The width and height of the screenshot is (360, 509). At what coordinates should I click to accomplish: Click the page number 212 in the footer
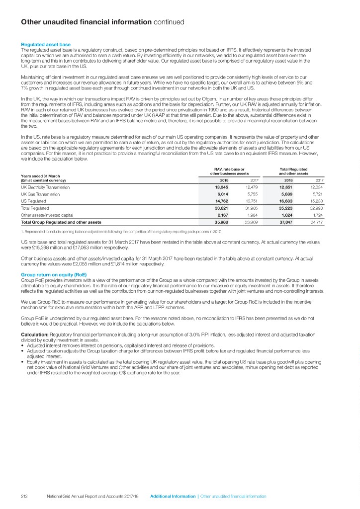coord(25,497)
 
